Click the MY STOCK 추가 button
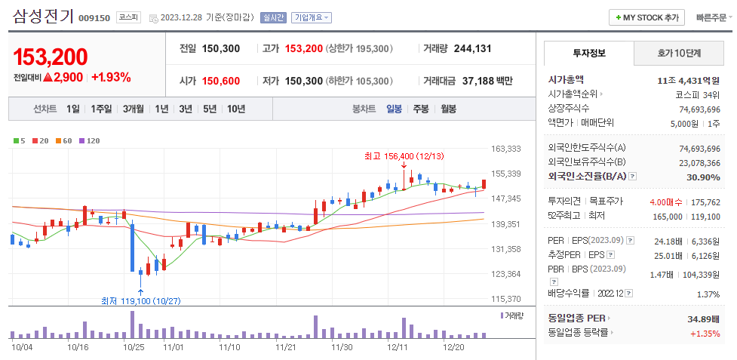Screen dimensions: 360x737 (x=646, y=17)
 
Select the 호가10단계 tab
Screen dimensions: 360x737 (x=678, y=54)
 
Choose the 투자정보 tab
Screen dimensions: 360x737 (x=589, y=54)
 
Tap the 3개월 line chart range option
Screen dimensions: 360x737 (x=135, y=109)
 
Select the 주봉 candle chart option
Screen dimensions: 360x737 (x=420, y=109)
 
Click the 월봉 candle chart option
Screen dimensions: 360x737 (x=448, y=109)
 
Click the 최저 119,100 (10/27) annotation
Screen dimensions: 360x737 (x=141, y=300)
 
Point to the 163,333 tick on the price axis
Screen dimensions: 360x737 (x=505, y=149)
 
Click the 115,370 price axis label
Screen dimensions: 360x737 (x=505, y=299)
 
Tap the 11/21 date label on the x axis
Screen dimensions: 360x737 (x=286, y=347)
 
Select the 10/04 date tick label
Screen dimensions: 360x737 (x=22, y=347)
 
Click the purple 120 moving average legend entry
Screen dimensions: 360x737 (x=90, y=141)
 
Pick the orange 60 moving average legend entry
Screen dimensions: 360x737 (x=64, y=141)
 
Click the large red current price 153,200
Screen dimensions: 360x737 (x=51, y=57)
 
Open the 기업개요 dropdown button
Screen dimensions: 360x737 (x=312, y=17)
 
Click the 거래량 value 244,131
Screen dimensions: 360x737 (x=473, y=48)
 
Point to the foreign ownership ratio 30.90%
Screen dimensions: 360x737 (x=703, y=177)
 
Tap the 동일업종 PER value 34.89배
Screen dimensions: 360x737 (x=704, y=319)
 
